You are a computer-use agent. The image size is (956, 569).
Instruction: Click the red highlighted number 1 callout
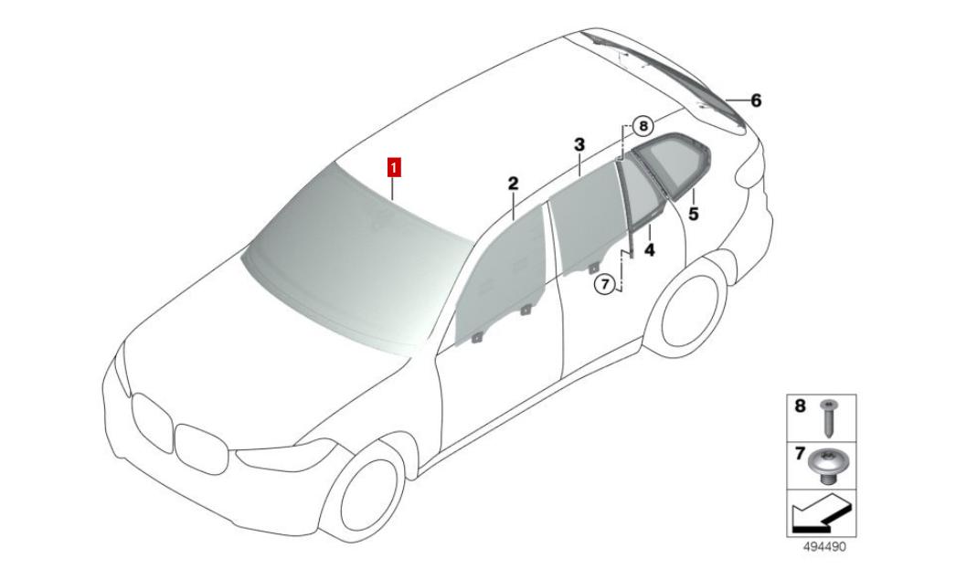[x=395, y=167]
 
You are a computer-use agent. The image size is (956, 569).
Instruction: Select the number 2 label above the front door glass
[x=513, y=183]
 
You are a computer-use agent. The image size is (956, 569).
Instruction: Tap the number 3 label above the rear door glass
[x=579, y=145]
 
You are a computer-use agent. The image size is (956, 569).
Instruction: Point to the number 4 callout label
[x=649, y=249]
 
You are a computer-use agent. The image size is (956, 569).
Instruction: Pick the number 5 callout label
[x=693, y=214]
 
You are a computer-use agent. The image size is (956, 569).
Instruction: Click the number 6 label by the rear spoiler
[x=756, y=100]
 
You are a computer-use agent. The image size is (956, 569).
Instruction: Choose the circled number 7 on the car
[x=604, y=284]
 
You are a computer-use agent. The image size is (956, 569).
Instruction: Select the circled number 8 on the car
[x=643, y=127]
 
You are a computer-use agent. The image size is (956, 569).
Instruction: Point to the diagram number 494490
[x=823, y=547]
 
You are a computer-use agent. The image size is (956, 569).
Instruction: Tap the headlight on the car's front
[x=287, y=455]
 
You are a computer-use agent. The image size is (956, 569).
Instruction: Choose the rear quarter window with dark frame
[x=671, y=164]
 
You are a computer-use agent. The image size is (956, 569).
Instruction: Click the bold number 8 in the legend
[x=800, y=406]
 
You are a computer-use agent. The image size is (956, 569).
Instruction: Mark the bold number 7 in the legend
[x=800, y=454]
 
